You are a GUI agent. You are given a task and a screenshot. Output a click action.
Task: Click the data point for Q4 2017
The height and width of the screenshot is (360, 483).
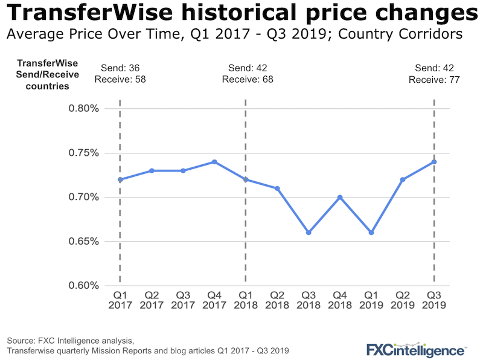point(214,162)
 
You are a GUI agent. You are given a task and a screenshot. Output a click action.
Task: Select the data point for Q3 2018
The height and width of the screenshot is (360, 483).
point(309,233)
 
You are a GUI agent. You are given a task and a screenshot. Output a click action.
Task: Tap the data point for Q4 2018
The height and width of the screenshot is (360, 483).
point(340,197)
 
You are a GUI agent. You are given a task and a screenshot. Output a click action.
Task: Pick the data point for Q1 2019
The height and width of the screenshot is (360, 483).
point(371,233)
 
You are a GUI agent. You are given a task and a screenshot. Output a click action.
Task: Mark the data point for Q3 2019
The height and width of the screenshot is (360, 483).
point(434,162)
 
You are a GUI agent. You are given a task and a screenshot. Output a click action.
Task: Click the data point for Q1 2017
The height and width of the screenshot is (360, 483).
point(120,179)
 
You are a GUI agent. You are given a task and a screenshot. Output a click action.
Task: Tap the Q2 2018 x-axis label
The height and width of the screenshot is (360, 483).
point(277,300)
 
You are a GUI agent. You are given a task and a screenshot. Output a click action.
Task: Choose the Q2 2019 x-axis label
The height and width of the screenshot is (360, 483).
point(403,300)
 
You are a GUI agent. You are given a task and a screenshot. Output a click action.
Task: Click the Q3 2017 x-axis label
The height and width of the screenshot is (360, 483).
point(183,300)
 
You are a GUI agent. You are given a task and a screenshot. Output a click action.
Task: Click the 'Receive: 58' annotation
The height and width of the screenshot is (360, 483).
point(120,79)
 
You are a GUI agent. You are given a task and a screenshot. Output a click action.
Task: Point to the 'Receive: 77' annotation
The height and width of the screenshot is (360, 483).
point(435,79)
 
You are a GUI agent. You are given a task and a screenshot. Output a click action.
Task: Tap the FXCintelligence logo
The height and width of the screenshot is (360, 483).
point(417,349)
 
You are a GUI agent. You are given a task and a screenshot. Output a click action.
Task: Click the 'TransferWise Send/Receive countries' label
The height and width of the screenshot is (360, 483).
point(43,74)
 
